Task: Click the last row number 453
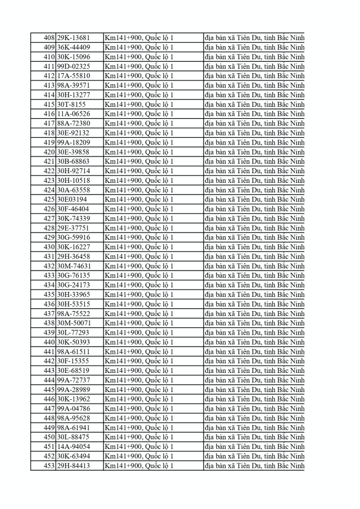click(49, 466)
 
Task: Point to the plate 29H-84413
click(73, 466)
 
